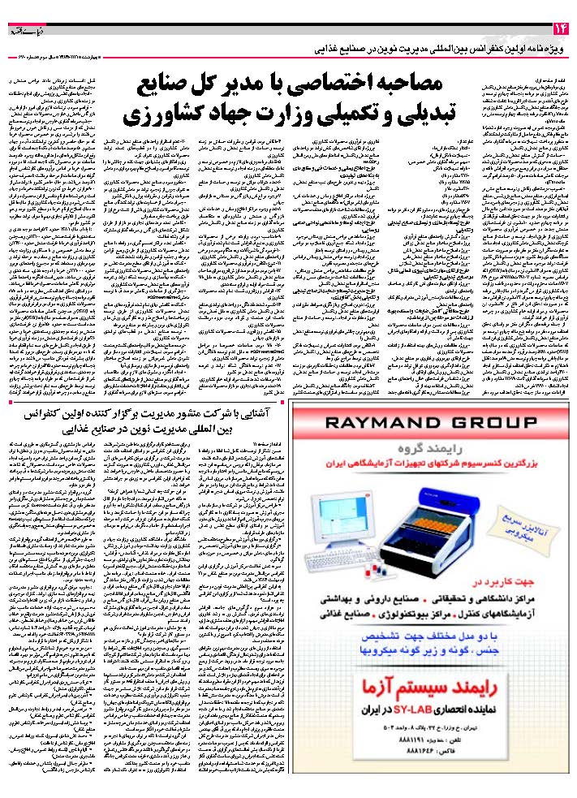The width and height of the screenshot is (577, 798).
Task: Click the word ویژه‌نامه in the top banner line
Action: click(x=548, y=50)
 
